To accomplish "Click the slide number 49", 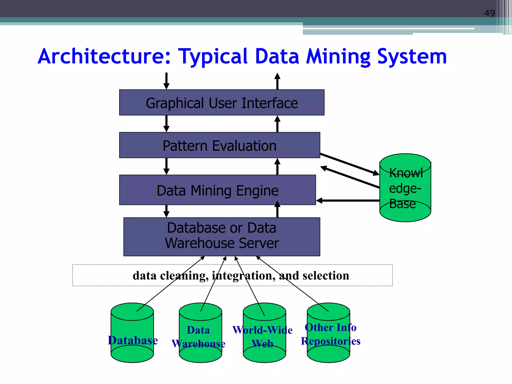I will click(489, 13).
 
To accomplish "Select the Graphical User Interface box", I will click(221, 103).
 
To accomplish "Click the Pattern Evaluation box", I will click(219, 145).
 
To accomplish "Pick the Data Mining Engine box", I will click(217, 190).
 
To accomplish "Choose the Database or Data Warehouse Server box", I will click(221, 236).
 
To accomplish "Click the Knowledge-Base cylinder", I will click(405, 187).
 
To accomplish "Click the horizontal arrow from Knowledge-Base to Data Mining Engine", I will click(347, 200).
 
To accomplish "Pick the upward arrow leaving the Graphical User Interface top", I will click(277, 80).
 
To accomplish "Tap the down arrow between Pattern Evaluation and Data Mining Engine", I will click(166, 166).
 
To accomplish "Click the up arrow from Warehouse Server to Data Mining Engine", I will click(277, 209).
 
